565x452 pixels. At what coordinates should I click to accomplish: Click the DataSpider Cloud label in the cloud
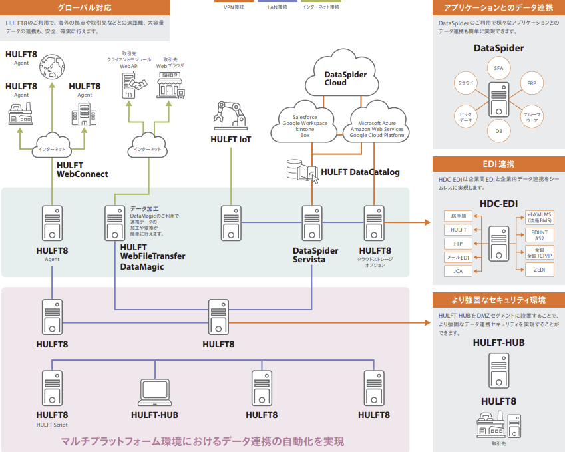click(345, 79)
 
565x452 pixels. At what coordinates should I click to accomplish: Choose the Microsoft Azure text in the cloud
click(377, 123)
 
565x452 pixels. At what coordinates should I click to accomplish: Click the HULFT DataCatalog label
click(360, 172)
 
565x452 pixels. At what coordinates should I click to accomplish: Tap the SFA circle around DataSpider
click(498, 68)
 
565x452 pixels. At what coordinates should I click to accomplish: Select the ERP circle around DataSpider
click(531, 84)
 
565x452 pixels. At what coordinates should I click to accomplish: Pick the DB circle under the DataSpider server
click(498, 131)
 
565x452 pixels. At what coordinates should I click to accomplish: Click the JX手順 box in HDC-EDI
click(458, 216)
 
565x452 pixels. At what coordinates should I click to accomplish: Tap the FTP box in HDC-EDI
click(458, 243)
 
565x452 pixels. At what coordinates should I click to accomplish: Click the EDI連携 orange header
click(498, 164)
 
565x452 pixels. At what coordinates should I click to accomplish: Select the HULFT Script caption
click(52, 425)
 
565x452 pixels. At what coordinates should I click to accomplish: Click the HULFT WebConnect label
click(82, 170)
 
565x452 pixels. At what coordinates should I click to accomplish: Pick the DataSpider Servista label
click(315, 255)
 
